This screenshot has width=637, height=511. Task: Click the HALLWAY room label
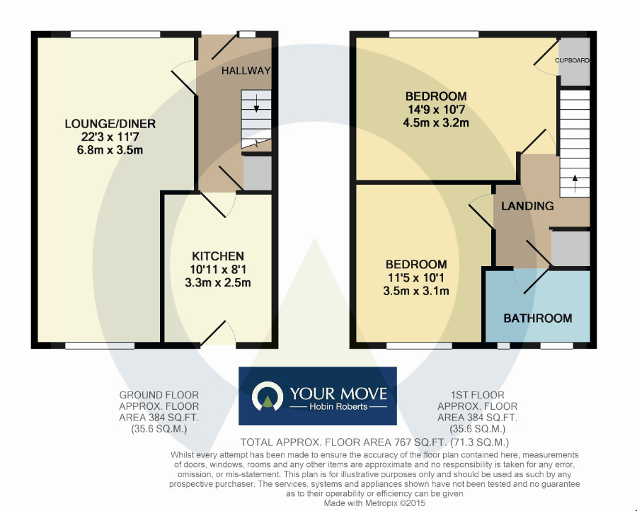(246, 71)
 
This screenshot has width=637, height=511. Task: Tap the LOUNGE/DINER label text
(110, 124)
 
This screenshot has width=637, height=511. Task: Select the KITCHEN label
(217, 256)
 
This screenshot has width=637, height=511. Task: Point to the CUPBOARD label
(572, 61)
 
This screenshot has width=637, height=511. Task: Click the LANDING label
(527, 206)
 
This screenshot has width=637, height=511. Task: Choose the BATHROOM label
(537, 318)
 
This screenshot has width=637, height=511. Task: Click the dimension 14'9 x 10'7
(435, 110)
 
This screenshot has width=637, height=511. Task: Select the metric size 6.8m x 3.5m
(110, 150)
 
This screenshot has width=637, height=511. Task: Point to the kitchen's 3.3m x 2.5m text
(217, 282)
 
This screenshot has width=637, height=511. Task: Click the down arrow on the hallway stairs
(256, 108)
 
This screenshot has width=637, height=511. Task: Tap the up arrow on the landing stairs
(575, 179)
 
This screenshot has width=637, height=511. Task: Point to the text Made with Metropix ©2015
(374, 503)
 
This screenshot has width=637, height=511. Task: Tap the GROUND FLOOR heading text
(159, 395)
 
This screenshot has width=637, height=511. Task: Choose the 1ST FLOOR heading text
(478, 395)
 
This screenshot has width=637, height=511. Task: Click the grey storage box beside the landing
(570, 248)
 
